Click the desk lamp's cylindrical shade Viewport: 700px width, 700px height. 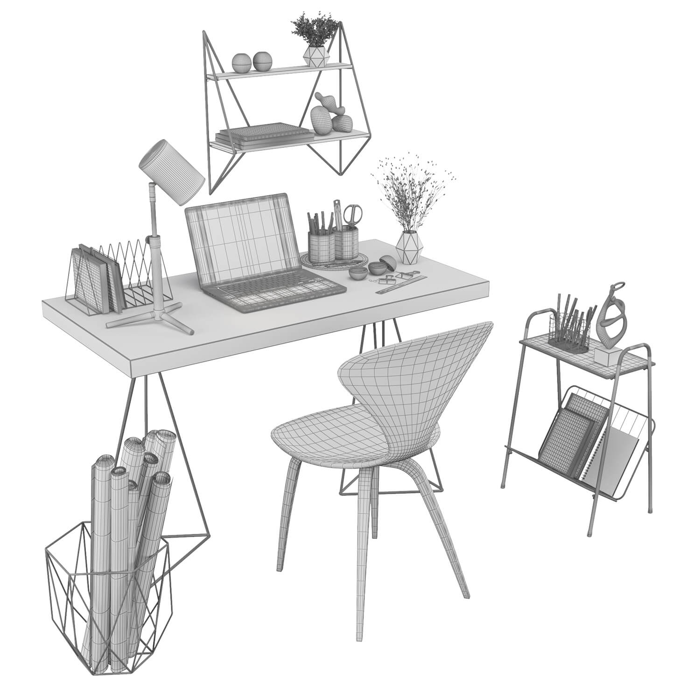171,167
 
